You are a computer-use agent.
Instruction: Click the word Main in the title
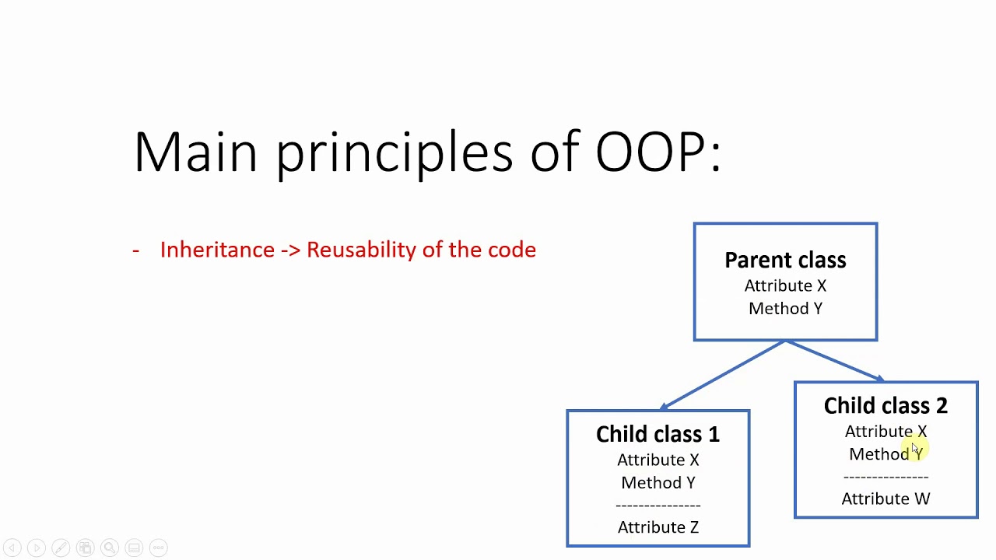click(195, 152)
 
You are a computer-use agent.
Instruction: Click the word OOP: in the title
click(658, 152)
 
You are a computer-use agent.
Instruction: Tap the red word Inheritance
click(217, 250)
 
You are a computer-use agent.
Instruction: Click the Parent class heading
click(785, 260)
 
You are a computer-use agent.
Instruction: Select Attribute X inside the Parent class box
click(785, 285)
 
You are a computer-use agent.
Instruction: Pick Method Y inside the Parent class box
click(785, 309)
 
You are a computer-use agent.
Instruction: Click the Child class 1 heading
click(658, 434)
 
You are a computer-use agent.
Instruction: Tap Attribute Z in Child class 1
click(658, 527)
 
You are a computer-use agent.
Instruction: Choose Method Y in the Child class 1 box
click(658, 483)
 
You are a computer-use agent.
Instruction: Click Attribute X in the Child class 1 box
click(658, 460)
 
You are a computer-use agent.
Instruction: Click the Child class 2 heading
click(886, 405)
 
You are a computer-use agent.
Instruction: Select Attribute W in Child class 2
click(886, 499)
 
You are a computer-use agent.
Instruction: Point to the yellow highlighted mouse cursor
click(916, 448)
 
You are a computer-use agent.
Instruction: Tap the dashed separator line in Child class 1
click(658, 506)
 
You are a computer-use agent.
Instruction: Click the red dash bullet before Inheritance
click(136, 250)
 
